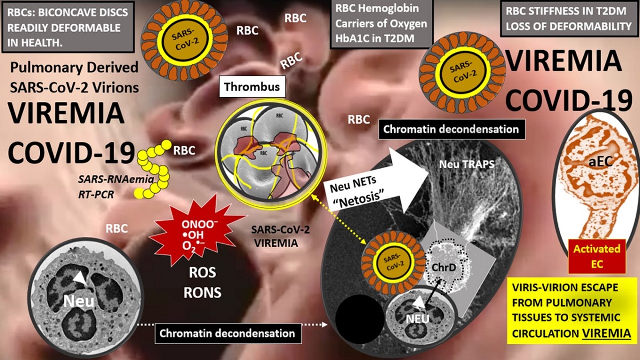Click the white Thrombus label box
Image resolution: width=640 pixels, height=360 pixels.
(252, 86)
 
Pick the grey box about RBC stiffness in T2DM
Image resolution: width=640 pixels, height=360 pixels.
(570, 18)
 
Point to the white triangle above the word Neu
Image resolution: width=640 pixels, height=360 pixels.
(79, 277)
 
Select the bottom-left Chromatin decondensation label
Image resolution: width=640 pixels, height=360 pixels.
(228, 333)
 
